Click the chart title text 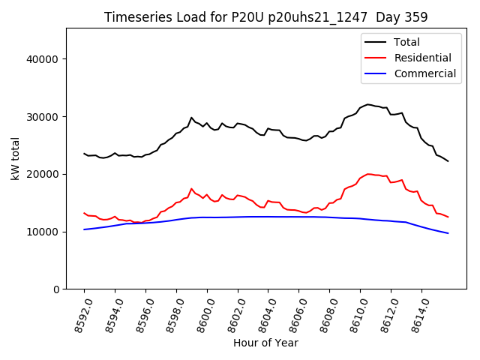265,17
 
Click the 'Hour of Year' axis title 265,343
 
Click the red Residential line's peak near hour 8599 191,189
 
